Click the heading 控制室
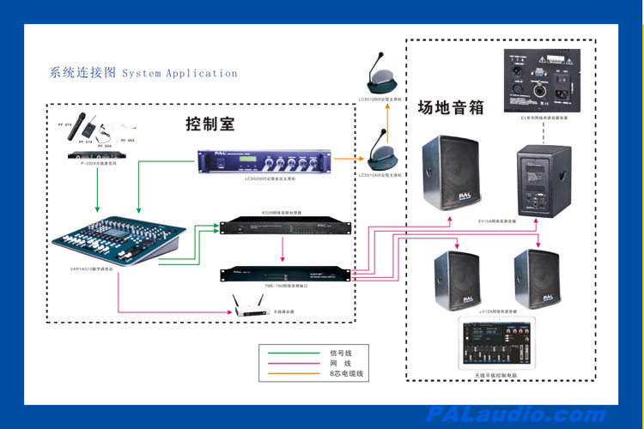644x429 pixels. tap(210, 124)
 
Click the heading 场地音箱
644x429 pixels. tap(451, 108)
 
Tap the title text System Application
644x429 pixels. tap(179, 74)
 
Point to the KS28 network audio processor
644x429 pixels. tap(285, 227)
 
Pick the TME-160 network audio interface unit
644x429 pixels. tap(285, 275)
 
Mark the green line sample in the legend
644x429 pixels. tap(290, 353)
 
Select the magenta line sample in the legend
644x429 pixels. tap(290, 363)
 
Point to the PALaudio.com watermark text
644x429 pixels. tap(515, 415)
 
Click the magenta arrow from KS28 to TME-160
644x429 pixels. tap(283, 250)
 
